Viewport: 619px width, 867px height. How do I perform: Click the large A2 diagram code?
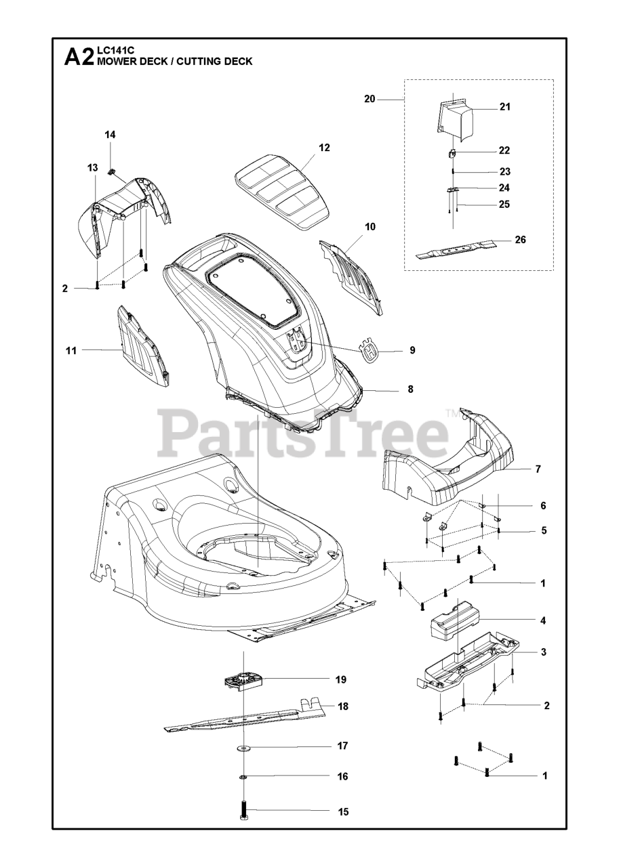[79, 58]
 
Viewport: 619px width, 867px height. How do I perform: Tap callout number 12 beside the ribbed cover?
[324, 148]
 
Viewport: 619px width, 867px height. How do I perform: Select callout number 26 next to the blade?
[520, 240]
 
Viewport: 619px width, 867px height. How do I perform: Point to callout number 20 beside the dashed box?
[370, 99]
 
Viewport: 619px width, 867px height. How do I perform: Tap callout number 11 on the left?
[71, 350]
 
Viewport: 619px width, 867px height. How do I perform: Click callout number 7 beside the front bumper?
[538, 469]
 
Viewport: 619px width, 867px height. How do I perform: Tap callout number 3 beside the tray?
[543, 652]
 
